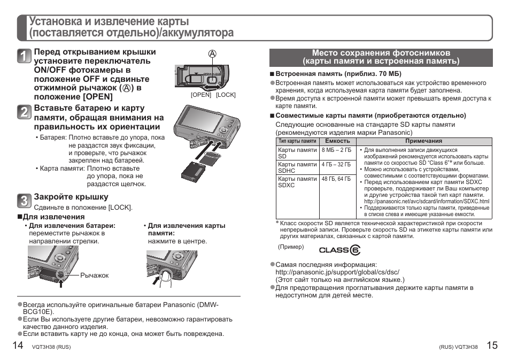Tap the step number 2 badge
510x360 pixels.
24,113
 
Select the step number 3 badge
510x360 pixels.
24,201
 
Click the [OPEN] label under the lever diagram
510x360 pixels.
201,95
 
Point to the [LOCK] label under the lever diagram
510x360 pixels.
226,95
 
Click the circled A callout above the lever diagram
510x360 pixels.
212,54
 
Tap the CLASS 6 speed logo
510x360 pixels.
339,250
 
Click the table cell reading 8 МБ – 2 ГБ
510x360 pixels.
336,150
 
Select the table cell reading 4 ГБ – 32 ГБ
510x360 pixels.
336,165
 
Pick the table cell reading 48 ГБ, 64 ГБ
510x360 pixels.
336,179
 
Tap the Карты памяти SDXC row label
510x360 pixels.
297,182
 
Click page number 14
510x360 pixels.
18,345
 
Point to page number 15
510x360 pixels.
492,345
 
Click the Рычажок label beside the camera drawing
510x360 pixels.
94,275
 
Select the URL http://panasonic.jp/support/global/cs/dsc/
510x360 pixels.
337,272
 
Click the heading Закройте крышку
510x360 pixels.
71,197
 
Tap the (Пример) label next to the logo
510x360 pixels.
291,247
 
